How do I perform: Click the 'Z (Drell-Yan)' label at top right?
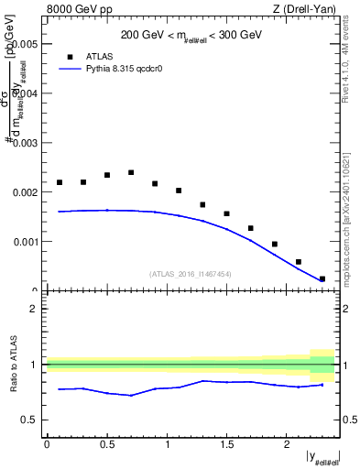(306, 9)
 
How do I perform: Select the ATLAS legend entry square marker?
(70, 56)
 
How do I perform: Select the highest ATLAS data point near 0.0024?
(131, 172)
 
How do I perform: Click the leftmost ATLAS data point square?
(60, 182)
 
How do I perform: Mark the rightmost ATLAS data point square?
(322, 278)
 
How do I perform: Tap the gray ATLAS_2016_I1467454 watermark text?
(191, 274)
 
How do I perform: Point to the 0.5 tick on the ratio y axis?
(31, 420)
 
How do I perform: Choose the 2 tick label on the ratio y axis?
(35, 309)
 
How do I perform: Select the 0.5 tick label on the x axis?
(107, 444)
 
